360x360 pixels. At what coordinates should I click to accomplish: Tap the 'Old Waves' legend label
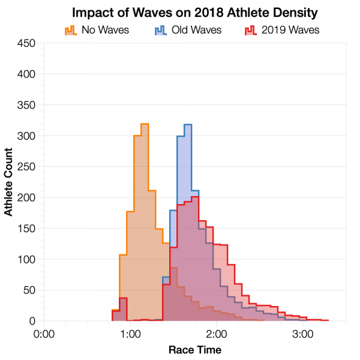point(196,29)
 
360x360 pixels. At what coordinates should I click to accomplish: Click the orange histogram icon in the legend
point(70,29)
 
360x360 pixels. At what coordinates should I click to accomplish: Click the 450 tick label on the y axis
point(26,43)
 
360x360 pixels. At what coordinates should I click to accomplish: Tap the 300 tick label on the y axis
point(26,136)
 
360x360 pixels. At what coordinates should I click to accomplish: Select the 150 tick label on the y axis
point(26,229)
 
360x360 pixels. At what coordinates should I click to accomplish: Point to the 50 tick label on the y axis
point(29,290)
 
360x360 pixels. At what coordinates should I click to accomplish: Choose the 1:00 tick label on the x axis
point(130,333)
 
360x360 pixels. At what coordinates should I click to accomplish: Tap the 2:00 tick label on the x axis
point(216,333)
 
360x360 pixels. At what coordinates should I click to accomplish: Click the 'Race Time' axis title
point(194,349)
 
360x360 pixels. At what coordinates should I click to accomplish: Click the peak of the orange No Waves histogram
point(145,124)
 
